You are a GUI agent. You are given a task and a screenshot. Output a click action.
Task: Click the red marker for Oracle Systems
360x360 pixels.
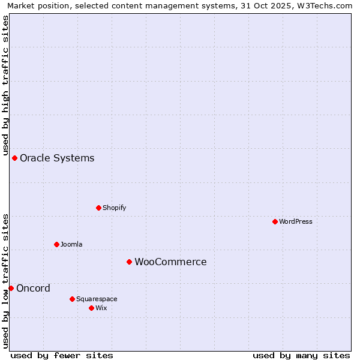point(15,158)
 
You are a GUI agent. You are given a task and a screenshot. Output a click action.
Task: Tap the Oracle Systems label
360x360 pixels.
point(57,158)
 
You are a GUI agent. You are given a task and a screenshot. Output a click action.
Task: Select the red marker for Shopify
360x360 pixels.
point(98,208)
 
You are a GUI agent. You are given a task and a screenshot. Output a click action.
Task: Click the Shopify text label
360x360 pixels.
point(114,208)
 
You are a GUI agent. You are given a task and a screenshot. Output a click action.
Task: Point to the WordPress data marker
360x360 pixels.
point(275,221)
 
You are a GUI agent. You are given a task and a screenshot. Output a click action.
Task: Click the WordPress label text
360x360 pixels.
point(295,221)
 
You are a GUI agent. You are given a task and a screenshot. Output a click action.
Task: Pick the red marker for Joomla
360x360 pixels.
point(57,244)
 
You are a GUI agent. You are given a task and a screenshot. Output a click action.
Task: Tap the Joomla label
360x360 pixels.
point(71,244)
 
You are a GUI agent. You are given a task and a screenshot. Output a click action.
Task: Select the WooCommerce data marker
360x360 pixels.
point(129,262)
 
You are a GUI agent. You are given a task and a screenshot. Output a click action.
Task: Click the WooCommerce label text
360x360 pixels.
point(170,262)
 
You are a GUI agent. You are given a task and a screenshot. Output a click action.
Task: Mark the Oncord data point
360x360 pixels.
point(11,288)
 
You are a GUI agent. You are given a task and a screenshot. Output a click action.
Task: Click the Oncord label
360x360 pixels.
point(33,289)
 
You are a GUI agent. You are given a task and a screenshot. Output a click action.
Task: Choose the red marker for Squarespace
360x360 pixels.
point(72,299)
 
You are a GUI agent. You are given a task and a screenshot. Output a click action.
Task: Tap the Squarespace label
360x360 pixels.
point(97,299)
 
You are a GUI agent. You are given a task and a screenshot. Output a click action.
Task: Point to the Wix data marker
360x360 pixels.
point(91,308)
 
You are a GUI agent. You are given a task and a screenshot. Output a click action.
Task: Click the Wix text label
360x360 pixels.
point(101,308)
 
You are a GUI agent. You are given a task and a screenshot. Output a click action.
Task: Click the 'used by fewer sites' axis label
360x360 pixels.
point(62,355)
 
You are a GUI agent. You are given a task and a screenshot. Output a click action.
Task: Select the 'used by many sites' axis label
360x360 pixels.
point(301,355)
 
